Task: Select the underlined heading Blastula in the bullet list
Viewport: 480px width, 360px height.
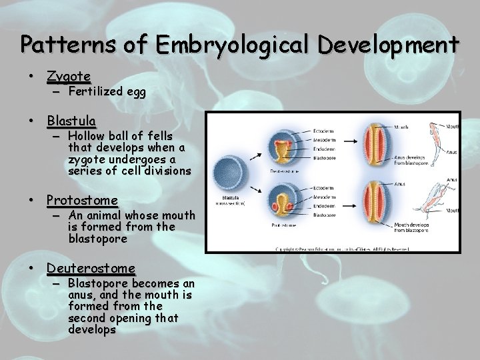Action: click(71, 121)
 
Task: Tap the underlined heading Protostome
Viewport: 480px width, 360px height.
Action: click(82, 200)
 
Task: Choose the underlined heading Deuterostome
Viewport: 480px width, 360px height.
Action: click(91, 268)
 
